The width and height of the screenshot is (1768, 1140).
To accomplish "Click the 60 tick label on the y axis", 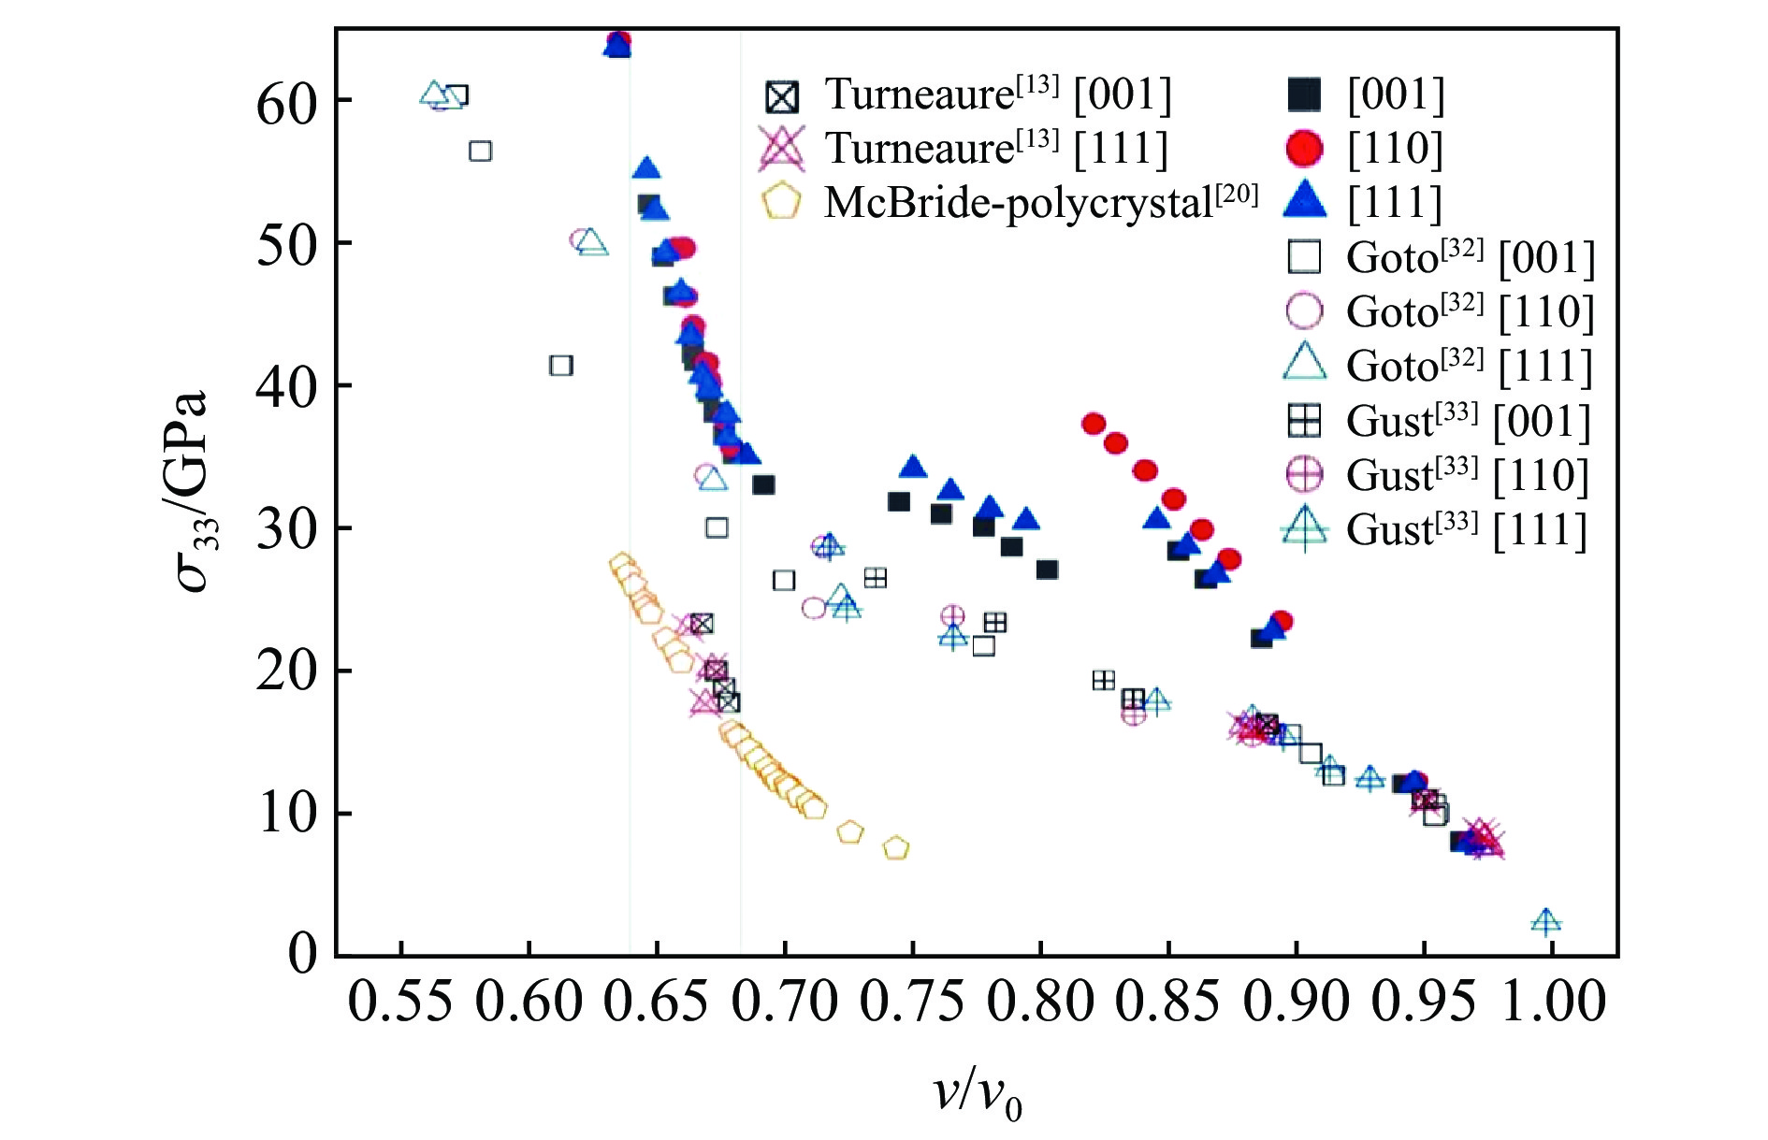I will pyautogui.click(x=288, y=103).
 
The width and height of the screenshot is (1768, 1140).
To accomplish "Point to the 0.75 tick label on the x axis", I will pyautogui.click(x=911, y=1003).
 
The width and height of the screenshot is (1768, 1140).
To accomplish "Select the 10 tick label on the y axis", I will pyautogui.click(x=288, y=813).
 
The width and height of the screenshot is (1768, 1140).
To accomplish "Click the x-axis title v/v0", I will pyautogui.click(x=978, y=1093).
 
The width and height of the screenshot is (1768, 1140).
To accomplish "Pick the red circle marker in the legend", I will pyautogui.click(x=1304, y=148).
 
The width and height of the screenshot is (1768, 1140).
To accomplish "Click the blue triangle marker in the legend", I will pyautogui.click(x=1304, y=200).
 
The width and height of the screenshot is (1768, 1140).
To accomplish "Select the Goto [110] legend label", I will pyautogui.click(x=1469, y=311).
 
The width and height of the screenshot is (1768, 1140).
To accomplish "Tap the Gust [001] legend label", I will pyautogui.click(x=1467, y=421).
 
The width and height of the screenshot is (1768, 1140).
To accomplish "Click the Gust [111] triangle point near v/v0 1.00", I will pyautogui.click(x=1545, y=922).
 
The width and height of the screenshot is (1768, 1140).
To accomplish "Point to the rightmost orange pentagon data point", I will pyautogui.click(x=896, y=848).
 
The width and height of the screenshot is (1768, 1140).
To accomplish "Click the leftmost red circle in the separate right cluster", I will pyautogui.click(x=1094, y=424).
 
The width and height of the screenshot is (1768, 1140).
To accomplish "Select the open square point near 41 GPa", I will pyautogui.click(x=560, y=366).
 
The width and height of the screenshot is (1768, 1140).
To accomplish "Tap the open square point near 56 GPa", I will pyautogui.click(x=480, y=151).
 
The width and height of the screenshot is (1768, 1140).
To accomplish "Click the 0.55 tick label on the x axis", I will pyautogui.click(x=400, y=1003).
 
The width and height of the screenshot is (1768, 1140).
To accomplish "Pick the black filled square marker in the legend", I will pyautogui.click(x=1304, y=94).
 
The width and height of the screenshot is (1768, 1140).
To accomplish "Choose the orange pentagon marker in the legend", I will pyautogui.click(x=781, y=202).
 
